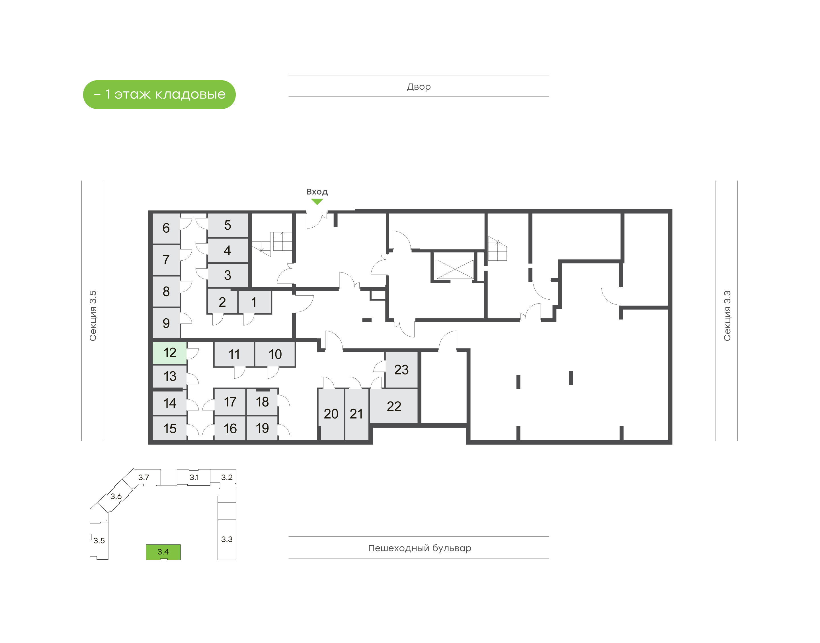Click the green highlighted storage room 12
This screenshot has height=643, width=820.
click(169, 353)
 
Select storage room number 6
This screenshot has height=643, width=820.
click(166, 228)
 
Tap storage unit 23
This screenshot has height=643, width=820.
click(401, 370)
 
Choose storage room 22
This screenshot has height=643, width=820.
click(393, 406)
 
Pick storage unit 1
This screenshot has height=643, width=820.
click(254, 302)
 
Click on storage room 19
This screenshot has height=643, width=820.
click(262, 428)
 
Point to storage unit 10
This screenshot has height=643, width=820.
click(275, 354)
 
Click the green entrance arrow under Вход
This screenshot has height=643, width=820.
click(317, 202)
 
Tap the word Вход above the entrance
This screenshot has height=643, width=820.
click(317, 192)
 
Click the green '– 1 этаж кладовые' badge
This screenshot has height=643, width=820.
click(159, 94)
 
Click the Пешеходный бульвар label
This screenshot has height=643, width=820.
click(420, 548)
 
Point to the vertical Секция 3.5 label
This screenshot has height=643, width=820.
click(93, 316)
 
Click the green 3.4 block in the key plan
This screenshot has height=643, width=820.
click(163, 552)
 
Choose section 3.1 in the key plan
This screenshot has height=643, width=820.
click(194, 477)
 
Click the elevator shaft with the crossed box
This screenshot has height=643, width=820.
click(455, 269)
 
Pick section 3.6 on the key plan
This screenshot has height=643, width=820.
click(116, 496)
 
